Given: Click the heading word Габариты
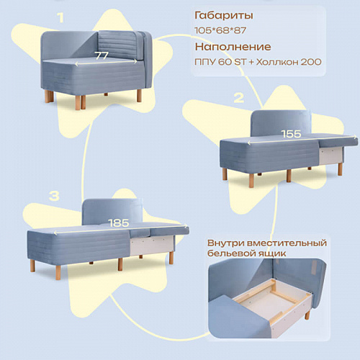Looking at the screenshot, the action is pyautogui.click(x=224, y=15).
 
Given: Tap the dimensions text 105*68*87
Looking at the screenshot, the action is pyautogui.click(x=220, y=30).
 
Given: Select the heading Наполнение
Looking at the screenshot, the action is pyautogui.click(x=233, y=47).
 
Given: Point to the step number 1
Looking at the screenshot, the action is pyautogui.click(x=60, y=18).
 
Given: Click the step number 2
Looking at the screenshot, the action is pyautogui.click(x=238, y=98).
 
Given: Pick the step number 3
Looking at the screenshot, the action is pyautogui.click(x=54, y=196).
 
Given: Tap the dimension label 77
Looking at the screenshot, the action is pyautogui.click(x=102, y=55).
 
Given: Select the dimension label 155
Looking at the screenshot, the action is pyautogui.click(x=291, y=134).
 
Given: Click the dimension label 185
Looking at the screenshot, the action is pyautogui.click(x=119, y=223).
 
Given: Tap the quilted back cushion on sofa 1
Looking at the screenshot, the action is pyautogui.click(x=118, y=45).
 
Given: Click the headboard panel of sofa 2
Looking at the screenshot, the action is pyautogui.click(x=281, y=123).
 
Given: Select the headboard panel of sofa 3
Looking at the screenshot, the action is pyautogui.click(x=112, y=212).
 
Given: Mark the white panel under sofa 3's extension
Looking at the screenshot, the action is pyautogui.click(x=152, y=246).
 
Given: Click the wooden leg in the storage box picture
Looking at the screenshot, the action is pyautogui.click(x=307, y=314).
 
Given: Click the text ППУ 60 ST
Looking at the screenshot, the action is pyautogui.click(x=220, y=62).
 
